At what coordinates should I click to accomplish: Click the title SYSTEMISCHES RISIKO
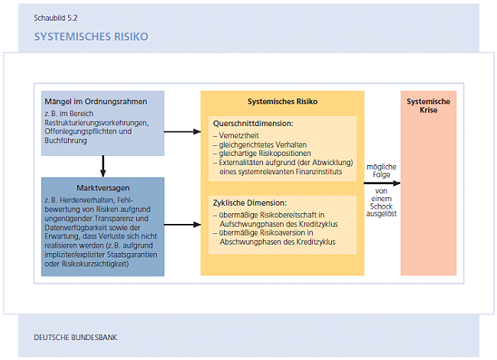[91, 36]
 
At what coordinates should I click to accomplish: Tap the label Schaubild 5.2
[56, 16]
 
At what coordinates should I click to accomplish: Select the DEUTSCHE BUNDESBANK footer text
[76, 337]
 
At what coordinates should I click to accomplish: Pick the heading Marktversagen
[102, 186]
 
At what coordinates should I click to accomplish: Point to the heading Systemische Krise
[428, 105]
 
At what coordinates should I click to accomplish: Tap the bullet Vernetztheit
[239, 135]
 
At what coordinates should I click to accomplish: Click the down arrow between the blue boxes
[102, 165]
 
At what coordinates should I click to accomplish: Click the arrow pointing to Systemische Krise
[385, 183]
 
